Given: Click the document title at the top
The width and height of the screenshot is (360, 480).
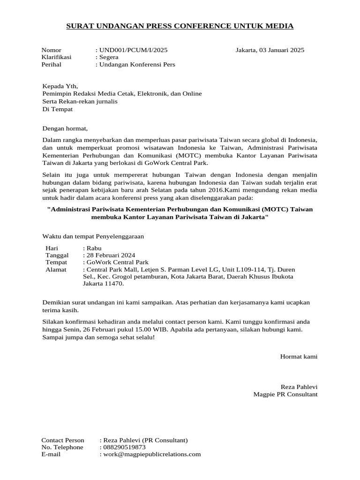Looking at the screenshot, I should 180,26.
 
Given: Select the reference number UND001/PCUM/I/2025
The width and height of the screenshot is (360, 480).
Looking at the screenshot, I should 133,50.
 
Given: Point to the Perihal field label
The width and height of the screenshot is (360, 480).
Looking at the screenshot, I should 52,64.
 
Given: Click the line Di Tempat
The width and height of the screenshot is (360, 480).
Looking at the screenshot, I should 58,109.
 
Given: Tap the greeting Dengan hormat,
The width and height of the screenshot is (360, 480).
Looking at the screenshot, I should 65,128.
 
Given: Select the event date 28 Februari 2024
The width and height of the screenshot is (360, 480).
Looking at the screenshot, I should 110,255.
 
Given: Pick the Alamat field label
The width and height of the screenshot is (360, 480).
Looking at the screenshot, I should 56,270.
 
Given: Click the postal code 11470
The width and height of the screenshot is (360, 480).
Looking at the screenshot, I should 113,284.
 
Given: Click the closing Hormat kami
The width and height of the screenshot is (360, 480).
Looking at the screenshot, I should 299,357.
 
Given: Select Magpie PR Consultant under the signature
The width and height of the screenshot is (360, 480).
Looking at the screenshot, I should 285,394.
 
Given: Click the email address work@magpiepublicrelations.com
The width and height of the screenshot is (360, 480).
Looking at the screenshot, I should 152,454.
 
